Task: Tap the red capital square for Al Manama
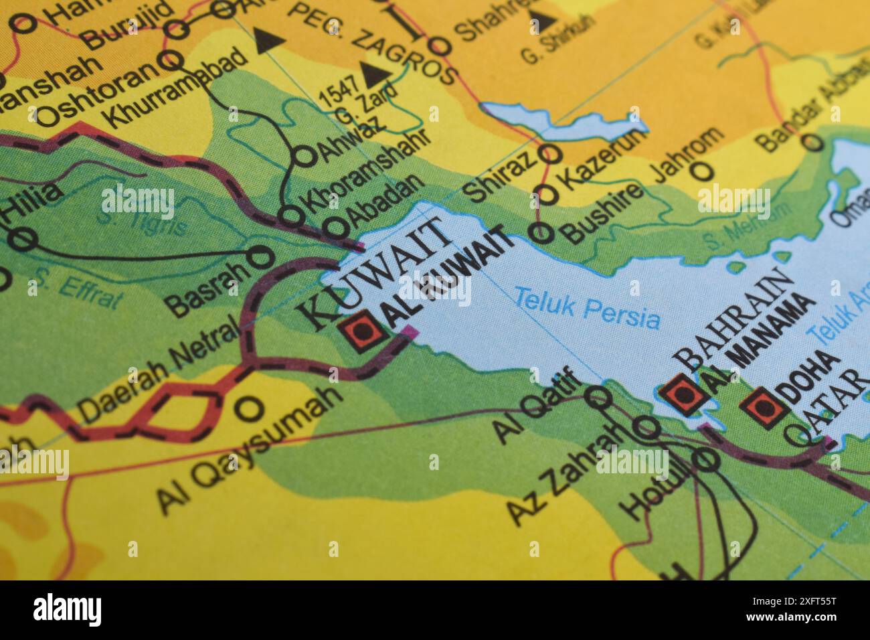(x=683, y=394)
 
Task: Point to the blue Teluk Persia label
(x=587, y=309)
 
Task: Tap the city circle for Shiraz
(x=551, y=153)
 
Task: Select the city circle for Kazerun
(x=547, y=194)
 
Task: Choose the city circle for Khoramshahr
(x=290, y=216)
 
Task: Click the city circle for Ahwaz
(x=304, y=156)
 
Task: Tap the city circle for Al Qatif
(x=598, y=398)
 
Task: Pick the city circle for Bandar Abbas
(x=812, y=142)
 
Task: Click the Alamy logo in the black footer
(x=67, y=609)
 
